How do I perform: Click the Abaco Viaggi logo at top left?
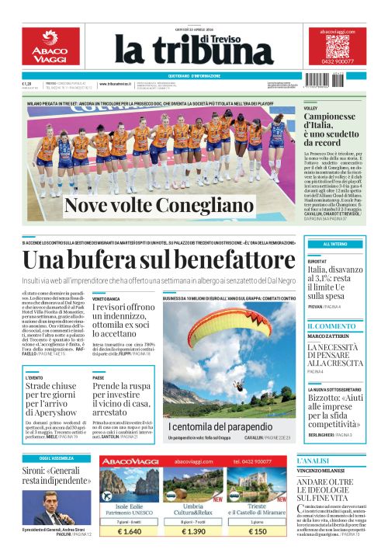50,47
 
